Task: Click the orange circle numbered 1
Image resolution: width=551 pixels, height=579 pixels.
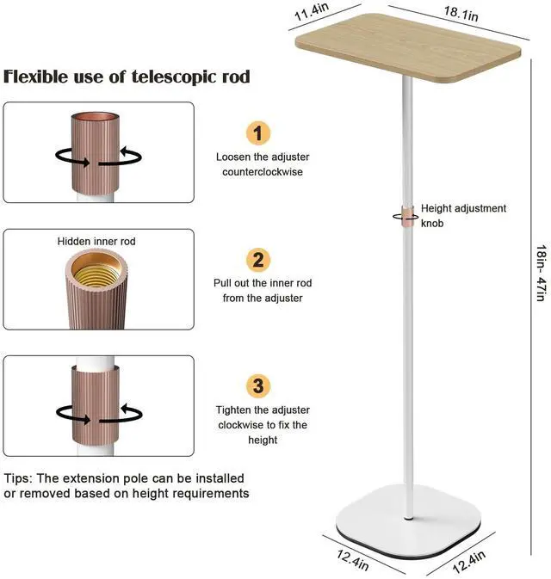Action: click(x=258, y=132)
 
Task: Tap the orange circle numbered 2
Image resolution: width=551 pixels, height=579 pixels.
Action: click(x=258, y=260)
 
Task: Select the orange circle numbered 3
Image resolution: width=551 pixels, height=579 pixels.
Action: click(x=258, y=385)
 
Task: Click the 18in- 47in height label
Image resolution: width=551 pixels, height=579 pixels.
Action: click(x=539, y=270)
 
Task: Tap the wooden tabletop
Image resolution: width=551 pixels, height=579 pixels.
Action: click(x=410, y=48)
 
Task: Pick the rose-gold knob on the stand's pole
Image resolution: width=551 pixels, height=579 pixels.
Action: click(x=404, y=215)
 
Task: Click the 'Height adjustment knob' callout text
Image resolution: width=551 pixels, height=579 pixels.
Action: click(x=463, y=215)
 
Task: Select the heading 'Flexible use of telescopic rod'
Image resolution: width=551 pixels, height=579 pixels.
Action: click(x=127, y=77)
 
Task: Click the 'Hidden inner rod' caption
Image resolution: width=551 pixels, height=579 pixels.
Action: click(x=96, y=242)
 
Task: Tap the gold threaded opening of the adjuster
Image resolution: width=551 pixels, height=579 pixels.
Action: click(x=96, y=271)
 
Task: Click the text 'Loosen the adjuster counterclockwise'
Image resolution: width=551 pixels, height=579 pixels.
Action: click(x=262, y=164)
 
